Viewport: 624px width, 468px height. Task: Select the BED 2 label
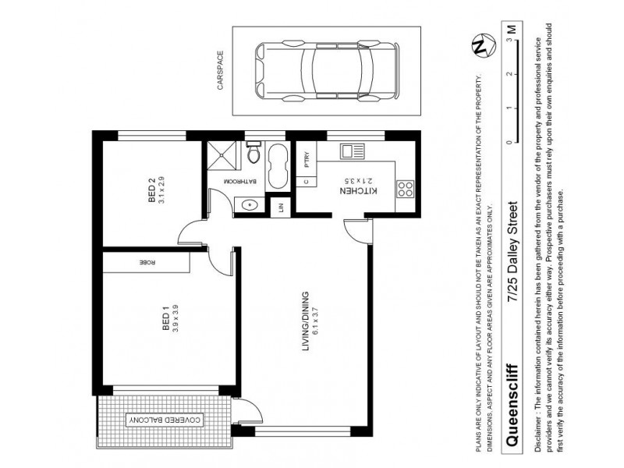[x=153, y=191]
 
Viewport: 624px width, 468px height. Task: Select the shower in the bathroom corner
[x=218, y=155]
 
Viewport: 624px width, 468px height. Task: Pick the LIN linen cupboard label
[x=280, y=207]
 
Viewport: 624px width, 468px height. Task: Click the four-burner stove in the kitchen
[x=406, y=189]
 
